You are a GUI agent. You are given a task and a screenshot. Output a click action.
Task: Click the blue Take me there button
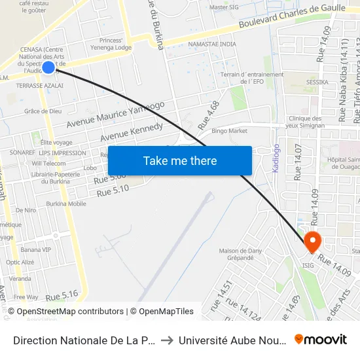pyautogui.click(x=180, y=160)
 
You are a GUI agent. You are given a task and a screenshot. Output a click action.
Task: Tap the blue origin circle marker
pyautogui.click(x=48, y=67)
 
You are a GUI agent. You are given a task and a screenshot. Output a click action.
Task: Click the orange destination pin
pyautogui.click(x=312, y=242)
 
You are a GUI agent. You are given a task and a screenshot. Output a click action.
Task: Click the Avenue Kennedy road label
pyautogui.click(x=131, y=132)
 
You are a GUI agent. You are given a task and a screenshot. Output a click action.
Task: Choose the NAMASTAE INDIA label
pyautogui.click(x=211, y=44)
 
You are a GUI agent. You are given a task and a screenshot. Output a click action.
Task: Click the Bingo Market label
pyautogui.click(x=229, y=131)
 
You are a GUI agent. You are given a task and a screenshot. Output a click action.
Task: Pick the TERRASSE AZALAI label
pyautogui.click(x=40, y=86)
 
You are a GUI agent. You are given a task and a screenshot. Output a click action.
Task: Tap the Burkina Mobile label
pyautogui.click(x=65, y=204)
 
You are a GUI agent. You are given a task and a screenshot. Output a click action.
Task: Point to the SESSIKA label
pyautogui.click(x=317, y=82)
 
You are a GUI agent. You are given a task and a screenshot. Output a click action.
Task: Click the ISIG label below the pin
pyautogui.click(x=308, y=266)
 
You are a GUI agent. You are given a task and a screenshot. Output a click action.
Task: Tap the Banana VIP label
pyautogui.click(x=35, y=249)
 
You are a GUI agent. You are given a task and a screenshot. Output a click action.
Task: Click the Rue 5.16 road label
pyautogui.click(x=62, y=295)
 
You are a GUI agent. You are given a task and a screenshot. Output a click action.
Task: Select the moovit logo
pyautogui.click(x=320, y=339)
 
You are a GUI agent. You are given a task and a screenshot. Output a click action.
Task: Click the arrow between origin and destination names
pyautogui.click(x=166, y=340)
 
